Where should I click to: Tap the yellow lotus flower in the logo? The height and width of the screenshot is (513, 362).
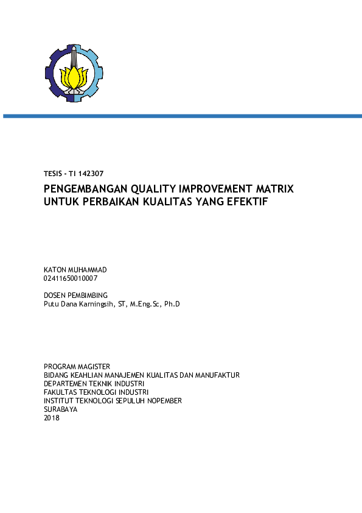pos(74,78)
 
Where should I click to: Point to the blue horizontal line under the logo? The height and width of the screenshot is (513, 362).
pos(183,116)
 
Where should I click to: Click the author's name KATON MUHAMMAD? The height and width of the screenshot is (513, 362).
pos(75,270)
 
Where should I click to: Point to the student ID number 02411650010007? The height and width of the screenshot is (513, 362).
pos(71,278)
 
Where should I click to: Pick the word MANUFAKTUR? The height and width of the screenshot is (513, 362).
pos(217,375)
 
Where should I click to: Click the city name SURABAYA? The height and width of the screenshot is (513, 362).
pos(60,409)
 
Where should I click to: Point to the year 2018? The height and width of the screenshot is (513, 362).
pos(52,417)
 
